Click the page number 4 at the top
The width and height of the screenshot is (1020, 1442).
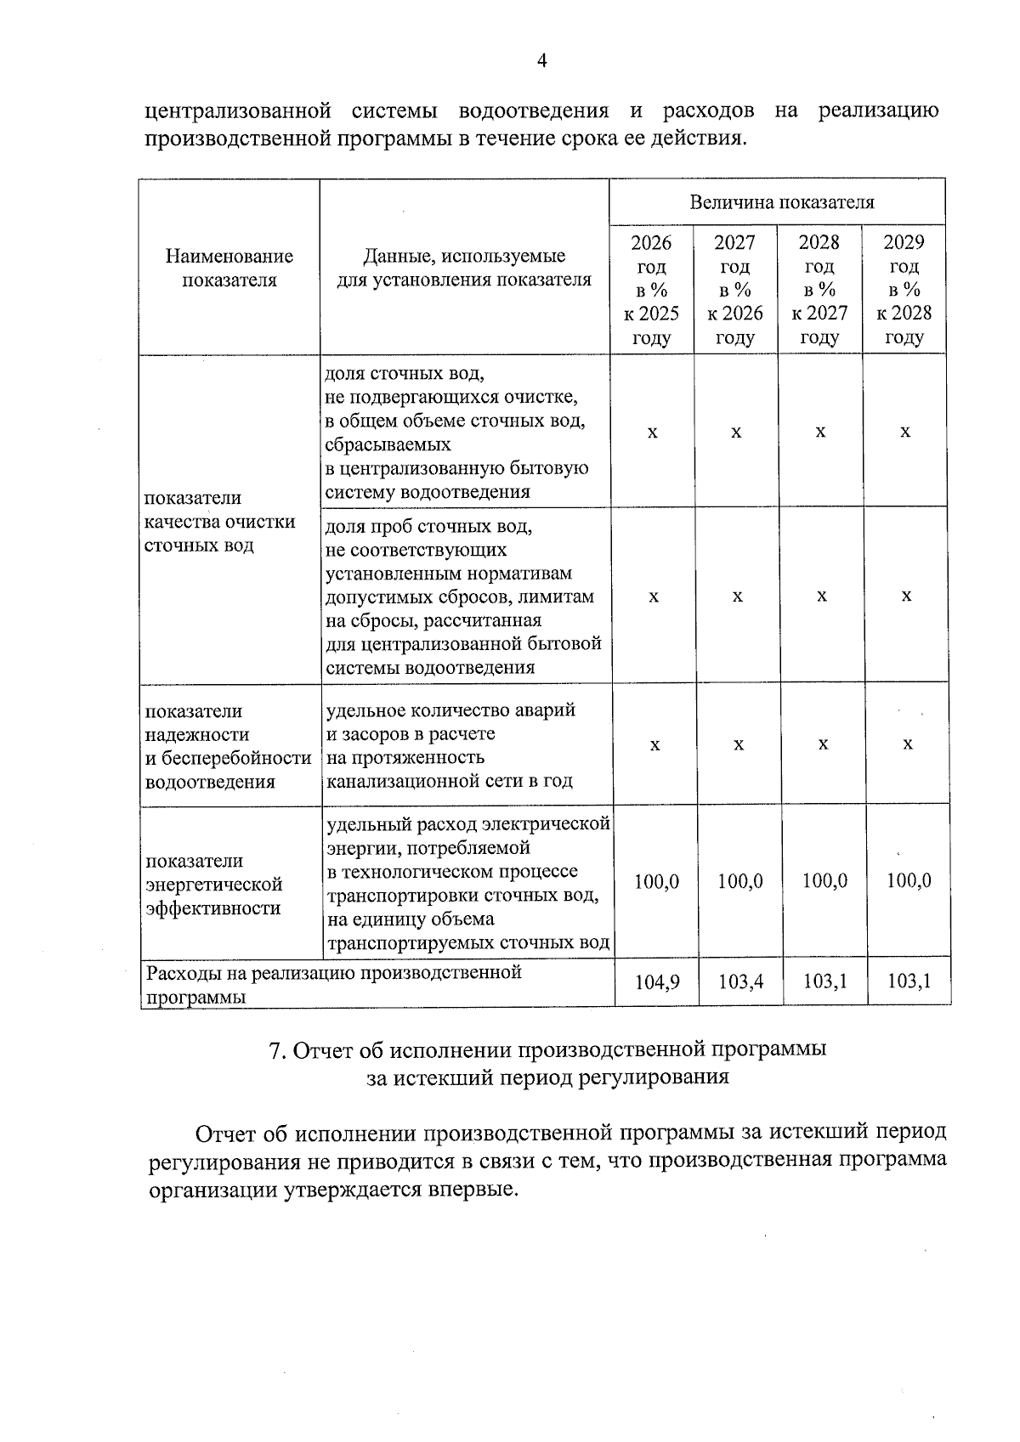point(541,59)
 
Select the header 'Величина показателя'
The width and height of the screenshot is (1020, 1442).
point(781,202)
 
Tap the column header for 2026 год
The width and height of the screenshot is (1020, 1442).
point(652,290)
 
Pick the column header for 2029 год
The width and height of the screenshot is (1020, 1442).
point(904,290)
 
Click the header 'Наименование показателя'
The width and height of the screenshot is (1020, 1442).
point(229,268)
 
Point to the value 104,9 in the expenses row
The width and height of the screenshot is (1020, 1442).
point(656,982)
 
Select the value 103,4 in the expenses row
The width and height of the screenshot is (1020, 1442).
point(740,982)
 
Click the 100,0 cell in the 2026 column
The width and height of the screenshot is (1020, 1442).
point(656,882)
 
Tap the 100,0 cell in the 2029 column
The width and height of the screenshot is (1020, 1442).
point(908,881)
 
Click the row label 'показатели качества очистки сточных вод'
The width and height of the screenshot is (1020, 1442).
point(219,521)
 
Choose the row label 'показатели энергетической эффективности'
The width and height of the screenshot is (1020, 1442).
point(213,885)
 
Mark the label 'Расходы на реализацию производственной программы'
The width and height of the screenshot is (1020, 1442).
point(333,983)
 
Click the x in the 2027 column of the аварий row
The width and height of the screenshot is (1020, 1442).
point(739,744)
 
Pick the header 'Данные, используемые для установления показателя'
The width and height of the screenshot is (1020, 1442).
point(463,268)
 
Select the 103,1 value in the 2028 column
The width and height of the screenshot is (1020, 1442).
point(824,982)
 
